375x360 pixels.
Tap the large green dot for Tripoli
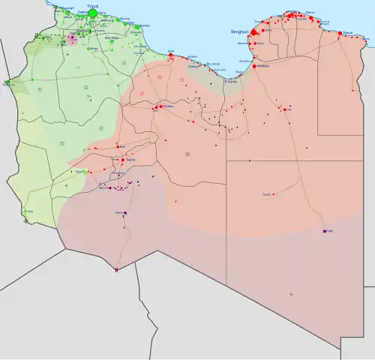click(x=93, y=13)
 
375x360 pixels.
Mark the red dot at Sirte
click(x=171, y=55)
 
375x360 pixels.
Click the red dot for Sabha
click(x=122, y=160)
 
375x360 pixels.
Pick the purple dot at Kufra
click(x=324, y=230)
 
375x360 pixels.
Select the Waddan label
click(x=167, y=106)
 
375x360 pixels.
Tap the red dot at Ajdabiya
click(x=256, y=66)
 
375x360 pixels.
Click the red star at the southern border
click(x=115, y=270)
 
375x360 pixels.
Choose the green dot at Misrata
click(x=138, y=26)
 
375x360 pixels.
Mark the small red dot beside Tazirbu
click(x=273, y=194)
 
